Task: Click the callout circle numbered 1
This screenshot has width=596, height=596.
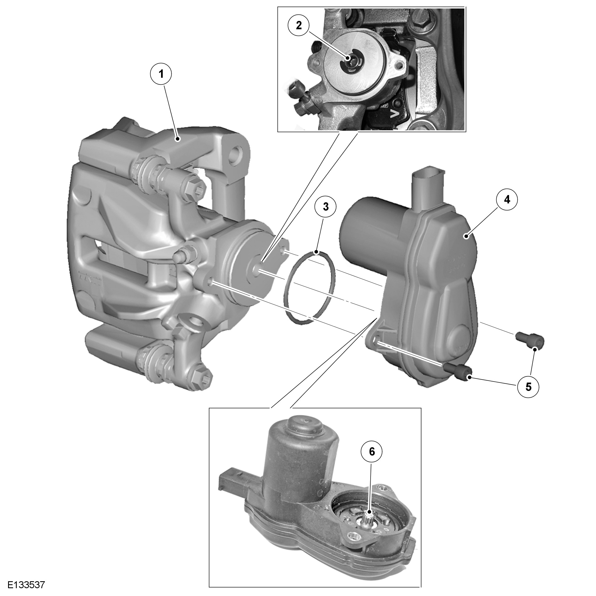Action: tap(160, 74)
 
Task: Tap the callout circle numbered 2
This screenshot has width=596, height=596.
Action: tap(299, 26)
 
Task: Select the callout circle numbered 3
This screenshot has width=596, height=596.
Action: tap(325, 207)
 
